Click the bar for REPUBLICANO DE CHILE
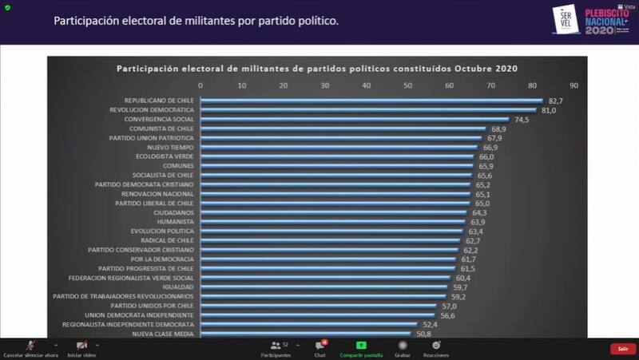point(371,101)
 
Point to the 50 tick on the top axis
point(408,85)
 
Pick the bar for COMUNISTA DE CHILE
point(343,129)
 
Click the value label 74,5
point(522,120)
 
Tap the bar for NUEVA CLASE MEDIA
point(305,334)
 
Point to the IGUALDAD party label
point(178,287)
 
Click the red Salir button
point(623,349)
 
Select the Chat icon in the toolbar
point(320,346)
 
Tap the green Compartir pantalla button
point(361,348)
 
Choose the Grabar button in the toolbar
point(403,348)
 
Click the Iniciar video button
point(81,348)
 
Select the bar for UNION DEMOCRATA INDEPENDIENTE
point(321,315)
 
